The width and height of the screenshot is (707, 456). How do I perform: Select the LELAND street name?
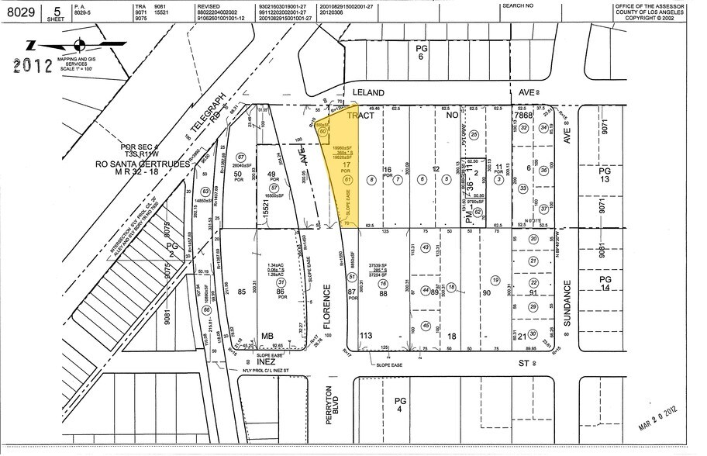coord(368,91)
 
